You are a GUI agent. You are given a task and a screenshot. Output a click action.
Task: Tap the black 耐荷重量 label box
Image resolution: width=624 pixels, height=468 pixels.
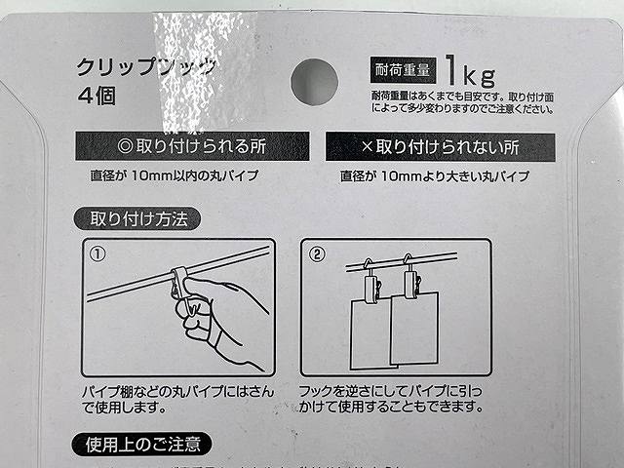(400, 70)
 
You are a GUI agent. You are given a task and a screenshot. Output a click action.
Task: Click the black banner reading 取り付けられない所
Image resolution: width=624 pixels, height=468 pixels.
(440, 147)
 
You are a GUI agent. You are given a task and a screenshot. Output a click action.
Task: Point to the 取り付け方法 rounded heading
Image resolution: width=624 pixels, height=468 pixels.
(137, 217)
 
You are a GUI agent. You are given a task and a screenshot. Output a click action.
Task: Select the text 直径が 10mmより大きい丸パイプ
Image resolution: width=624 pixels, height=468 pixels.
(435, 177)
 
